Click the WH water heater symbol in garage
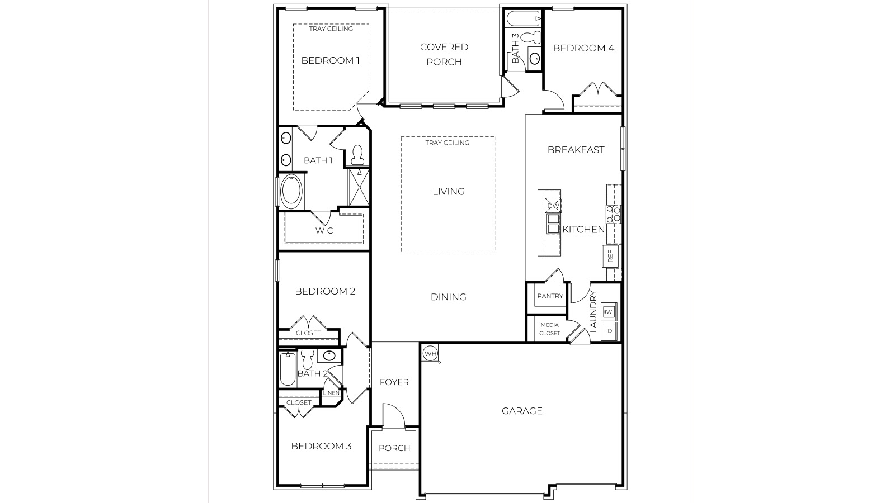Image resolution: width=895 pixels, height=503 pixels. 430,353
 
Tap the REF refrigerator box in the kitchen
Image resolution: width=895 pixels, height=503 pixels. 610,256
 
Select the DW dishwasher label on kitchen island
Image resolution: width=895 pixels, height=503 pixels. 553,206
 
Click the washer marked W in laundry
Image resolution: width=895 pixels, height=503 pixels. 609,311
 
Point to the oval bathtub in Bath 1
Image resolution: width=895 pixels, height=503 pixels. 291,192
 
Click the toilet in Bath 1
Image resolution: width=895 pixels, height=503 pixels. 357,155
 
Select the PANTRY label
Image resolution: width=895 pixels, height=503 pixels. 550,296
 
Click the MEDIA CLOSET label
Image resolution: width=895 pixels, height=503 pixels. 549,329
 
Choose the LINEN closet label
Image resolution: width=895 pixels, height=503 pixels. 331,393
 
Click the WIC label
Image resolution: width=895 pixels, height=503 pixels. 324,231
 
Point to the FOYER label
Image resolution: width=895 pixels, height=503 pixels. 394,382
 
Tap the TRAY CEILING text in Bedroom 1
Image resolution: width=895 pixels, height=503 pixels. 331,29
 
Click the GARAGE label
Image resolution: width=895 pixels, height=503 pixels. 521,411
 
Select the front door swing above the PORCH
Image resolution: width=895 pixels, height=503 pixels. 393,415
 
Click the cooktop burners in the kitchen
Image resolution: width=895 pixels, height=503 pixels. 614,213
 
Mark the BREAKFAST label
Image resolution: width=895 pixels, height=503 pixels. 576,150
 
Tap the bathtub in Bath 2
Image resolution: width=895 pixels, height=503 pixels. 288,369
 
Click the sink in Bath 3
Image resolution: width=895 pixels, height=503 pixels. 534,58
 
